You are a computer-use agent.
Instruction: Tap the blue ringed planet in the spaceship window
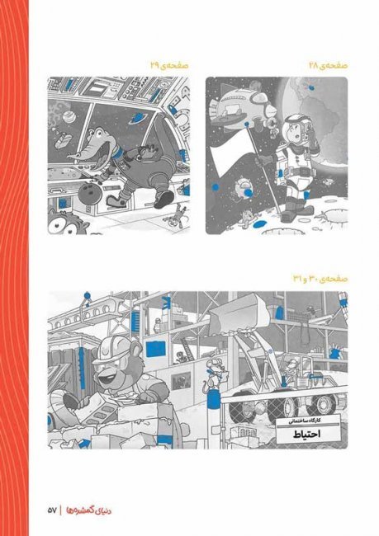138,118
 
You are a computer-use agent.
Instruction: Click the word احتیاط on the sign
307,435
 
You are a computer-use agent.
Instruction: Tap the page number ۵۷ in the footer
52,510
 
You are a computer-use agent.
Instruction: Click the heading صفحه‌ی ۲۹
170,65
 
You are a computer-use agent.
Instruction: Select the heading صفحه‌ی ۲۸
328,65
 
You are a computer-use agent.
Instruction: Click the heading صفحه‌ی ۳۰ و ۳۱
320,279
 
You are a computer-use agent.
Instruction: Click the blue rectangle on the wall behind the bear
156,349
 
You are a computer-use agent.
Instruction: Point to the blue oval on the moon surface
258,224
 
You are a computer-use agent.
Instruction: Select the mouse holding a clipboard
214,374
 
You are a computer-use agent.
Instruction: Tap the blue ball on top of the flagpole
246,124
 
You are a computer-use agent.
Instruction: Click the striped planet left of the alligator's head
66,118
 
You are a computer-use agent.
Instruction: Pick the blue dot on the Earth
311,88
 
